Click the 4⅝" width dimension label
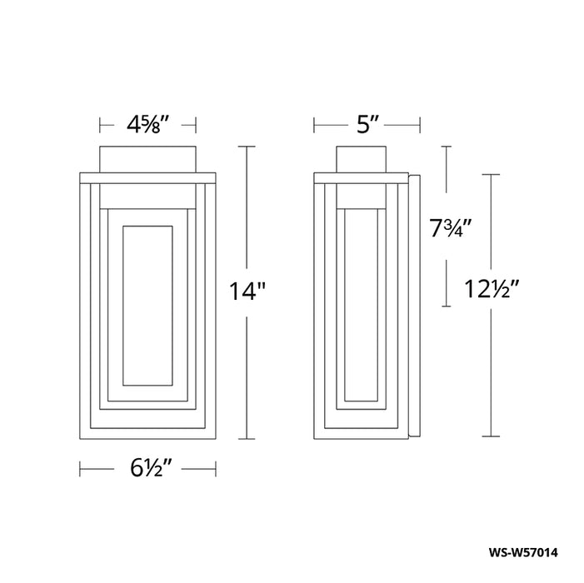(x=148, y=125)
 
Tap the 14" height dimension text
(x=247, y=291)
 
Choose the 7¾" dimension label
(x=451, y=228)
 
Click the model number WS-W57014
(x=523, y=552)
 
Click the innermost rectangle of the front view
(x=147, y=226)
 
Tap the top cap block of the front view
(x=147, y=159)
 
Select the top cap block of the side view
(x=361, y=159)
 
